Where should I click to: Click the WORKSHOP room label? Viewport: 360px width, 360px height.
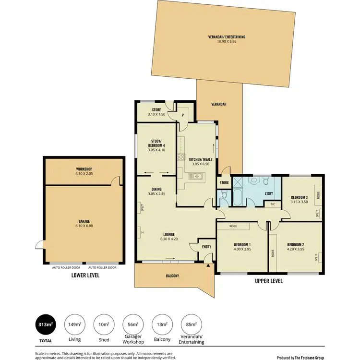[x=84, y=169]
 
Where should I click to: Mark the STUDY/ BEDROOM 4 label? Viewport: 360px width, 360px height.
[x=156, y=143]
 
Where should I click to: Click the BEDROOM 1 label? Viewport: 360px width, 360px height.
[x=232, y=244]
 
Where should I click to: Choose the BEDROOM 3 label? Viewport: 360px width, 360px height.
[x=299, y=197]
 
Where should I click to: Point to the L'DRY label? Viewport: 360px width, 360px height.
[x=268, y=193]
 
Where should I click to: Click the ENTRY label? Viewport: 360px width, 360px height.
[x=206, y=247]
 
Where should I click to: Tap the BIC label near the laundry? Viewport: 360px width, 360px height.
[x=273, y=204]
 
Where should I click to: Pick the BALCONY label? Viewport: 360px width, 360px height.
[x=172, y=276]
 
